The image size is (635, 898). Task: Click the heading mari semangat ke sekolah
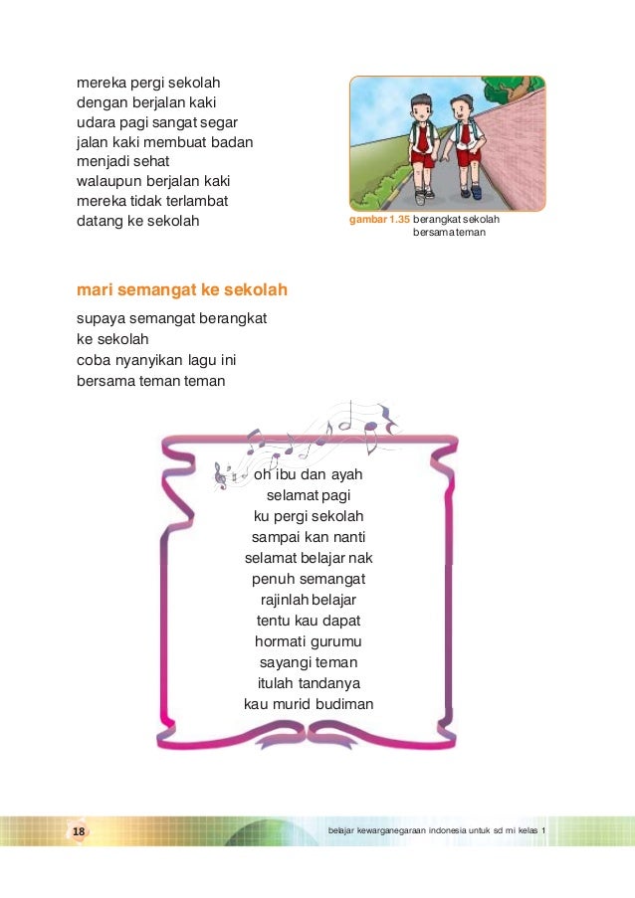coord(181,291)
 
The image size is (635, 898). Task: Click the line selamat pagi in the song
coord(309,495)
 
